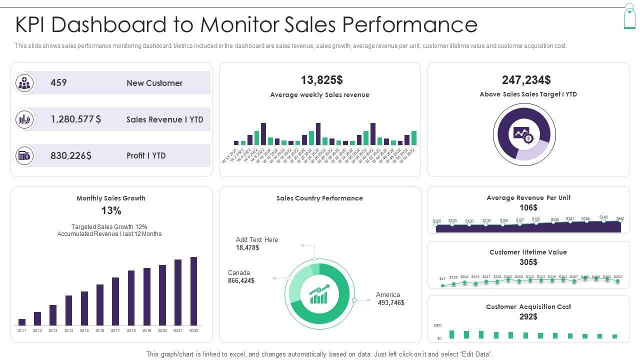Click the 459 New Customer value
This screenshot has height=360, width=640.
click(58, 83)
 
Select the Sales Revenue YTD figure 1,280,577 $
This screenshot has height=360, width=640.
click(75, 119)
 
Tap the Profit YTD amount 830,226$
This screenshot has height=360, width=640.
click(71, 155)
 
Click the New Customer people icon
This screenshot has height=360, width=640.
click(24, 83)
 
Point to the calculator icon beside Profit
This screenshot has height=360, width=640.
click(24, 155)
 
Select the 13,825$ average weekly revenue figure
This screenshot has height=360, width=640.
click(321, 80)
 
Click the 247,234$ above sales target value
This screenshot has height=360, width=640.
click(526, 80)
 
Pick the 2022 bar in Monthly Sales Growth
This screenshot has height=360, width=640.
click(193, 291)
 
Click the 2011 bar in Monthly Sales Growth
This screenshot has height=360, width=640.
click(22, 322)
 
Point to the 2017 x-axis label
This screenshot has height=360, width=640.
click(115, 330)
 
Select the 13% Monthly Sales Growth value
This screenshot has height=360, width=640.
click(111, 210)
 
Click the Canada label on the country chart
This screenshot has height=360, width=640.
click(239, 272)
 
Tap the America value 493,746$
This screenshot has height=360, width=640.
click(391, 302)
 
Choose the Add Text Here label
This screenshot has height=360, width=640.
click(257, 239)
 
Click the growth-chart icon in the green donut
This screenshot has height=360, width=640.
click(319, 294)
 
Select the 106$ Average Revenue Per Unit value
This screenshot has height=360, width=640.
click(528, 207)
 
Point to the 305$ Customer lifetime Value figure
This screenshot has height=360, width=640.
click(528, 262)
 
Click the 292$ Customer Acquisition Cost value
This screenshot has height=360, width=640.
click(528, 316)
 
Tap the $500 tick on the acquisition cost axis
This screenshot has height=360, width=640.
click(437, 325)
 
